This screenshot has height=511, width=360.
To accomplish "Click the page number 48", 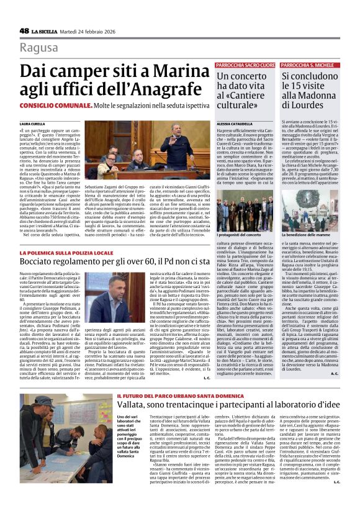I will (x=24, y=31).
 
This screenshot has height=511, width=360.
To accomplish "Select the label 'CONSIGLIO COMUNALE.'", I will (x=49, y=107).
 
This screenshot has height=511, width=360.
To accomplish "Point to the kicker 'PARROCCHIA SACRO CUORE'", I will (x=245, y=65).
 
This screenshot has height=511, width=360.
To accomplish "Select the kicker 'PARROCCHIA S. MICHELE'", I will (x=307, y=65).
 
